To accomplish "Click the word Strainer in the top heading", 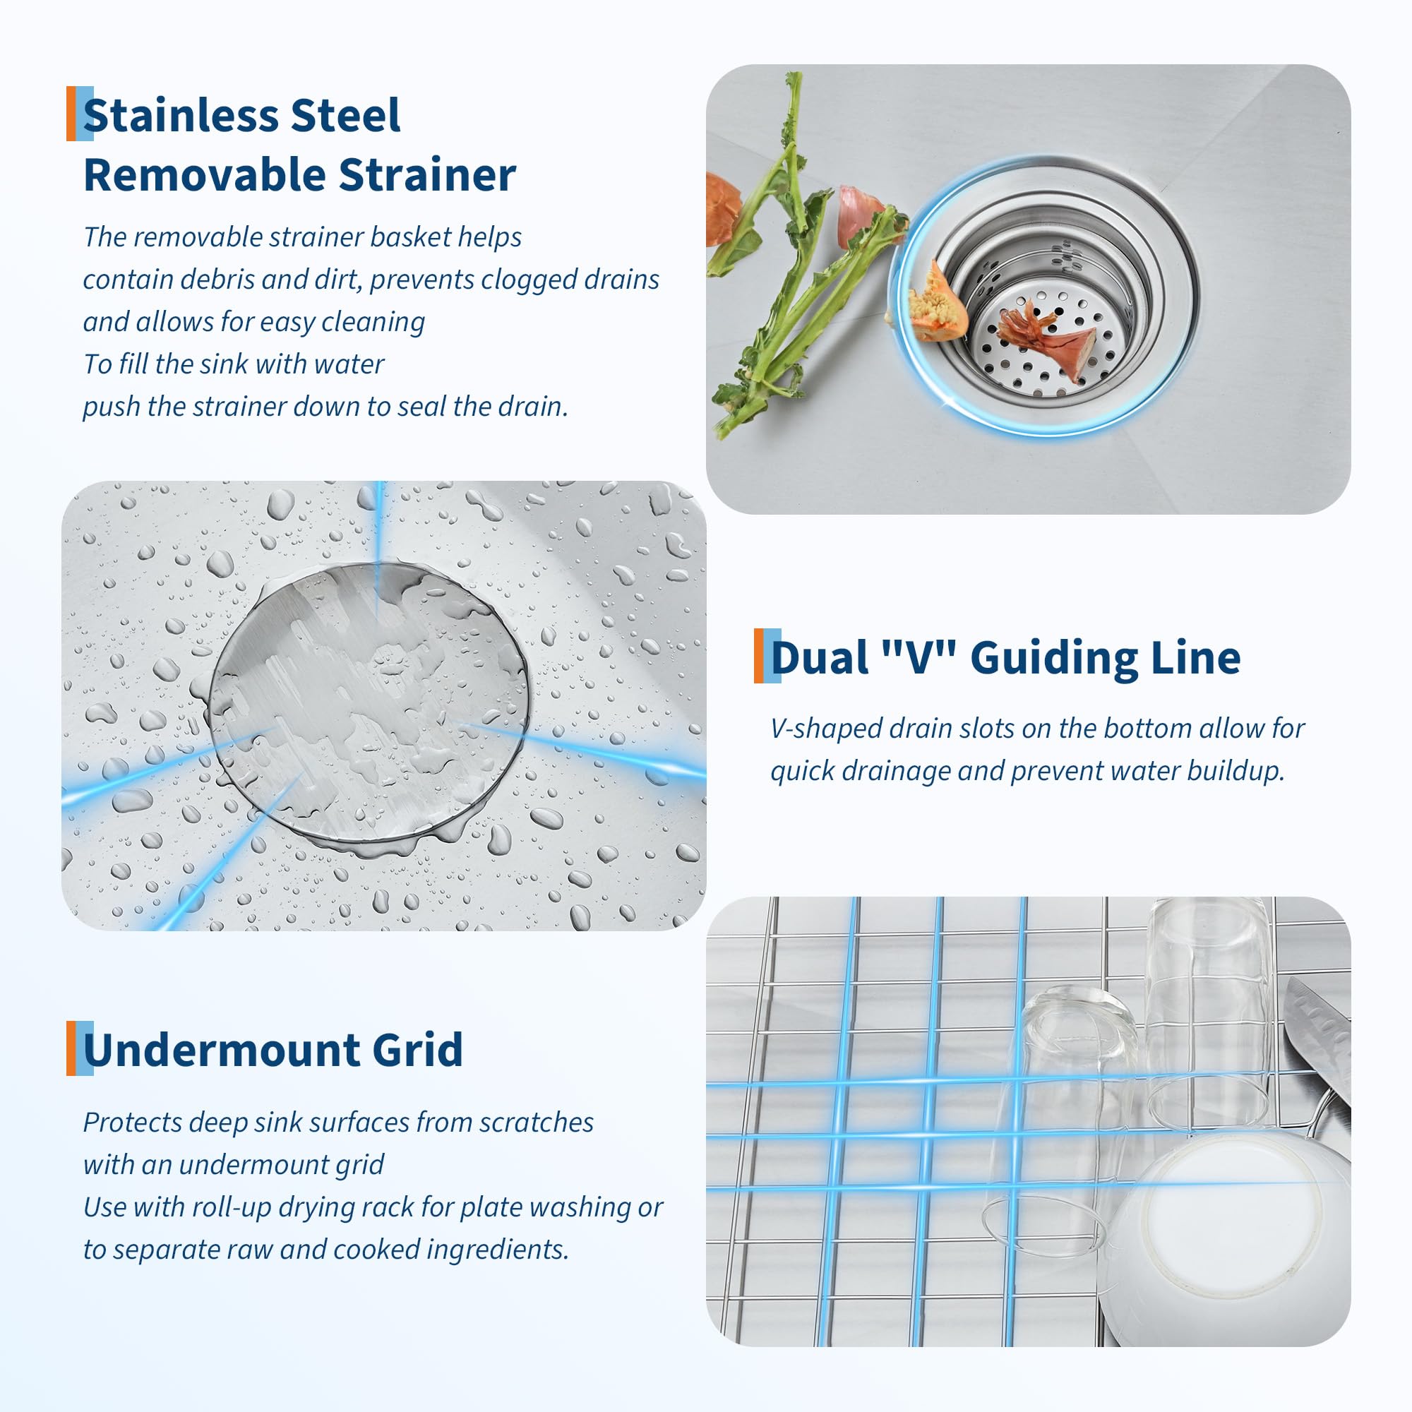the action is click(x=428, y=175).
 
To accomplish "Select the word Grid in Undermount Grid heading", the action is click(x=417, y=1050).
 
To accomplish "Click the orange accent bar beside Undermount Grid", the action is click(x=71, y=1048).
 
